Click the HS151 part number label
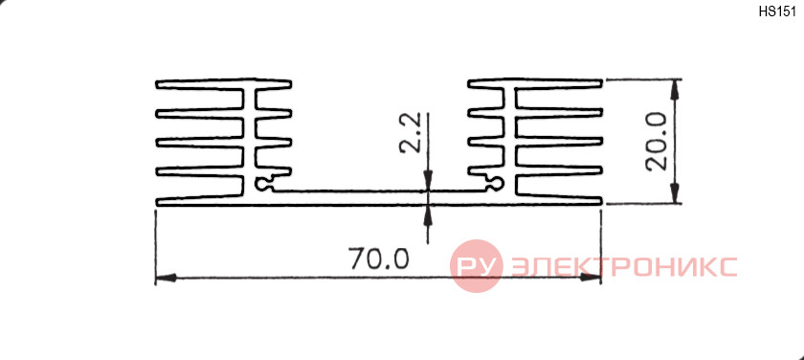777,12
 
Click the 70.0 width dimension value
379,259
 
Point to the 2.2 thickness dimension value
410,133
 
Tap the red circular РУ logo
477,265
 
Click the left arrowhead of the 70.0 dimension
166,278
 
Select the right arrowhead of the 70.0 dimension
591,278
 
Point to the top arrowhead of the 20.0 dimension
674,90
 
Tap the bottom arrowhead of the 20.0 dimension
674,192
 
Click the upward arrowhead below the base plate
428,215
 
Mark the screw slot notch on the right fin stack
494,183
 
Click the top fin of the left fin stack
224,84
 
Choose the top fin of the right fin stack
535,84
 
